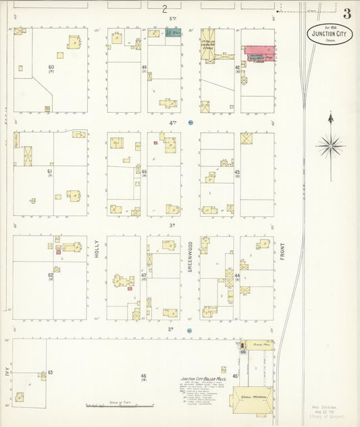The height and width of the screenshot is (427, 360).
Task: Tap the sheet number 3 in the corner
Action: (x=346, y=14)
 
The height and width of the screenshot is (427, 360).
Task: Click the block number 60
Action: (x=51, y=68)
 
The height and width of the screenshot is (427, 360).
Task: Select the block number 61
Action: (x=50, y=172)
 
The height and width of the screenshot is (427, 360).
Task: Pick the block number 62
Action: (x=51, y=275)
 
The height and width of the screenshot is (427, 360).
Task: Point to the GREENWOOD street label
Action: (x=190, y=256)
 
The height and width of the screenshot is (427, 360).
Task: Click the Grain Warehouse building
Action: (x=252, y=400)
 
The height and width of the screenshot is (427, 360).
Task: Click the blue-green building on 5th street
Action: (x=174, y=32)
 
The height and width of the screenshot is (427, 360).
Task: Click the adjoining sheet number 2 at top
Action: (x=163, y=9)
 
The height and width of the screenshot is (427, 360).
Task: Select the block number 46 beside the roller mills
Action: (x=143, y=376)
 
